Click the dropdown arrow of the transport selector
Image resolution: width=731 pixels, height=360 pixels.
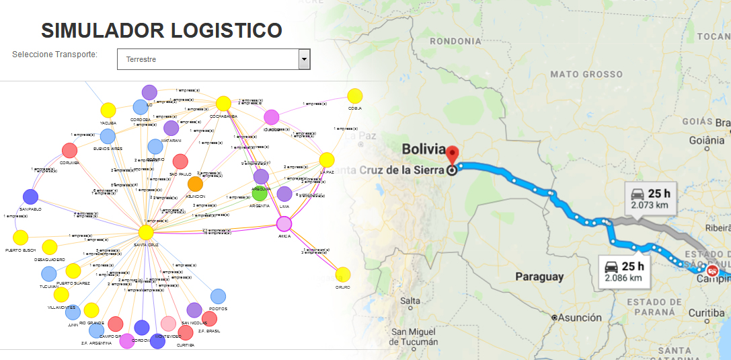coord(305,59)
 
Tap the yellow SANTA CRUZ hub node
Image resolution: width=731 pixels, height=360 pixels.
coord(146,232)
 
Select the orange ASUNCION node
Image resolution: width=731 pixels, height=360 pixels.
coord(195,183)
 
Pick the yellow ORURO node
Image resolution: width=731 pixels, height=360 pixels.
coord(343,275)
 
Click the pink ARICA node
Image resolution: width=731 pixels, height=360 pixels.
coord(284,224)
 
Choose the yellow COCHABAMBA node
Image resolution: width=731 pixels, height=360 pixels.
coord(223,103)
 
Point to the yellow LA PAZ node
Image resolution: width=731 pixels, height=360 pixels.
coord(327,159)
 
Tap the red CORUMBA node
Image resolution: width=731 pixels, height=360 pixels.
coord(69,150)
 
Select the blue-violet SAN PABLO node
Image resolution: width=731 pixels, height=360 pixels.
coord(30,196)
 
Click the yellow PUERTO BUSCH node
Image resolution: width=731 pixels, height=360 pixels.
coord(21,237)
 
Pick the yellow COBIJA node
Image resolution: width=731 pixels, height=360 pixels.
coord(355,96)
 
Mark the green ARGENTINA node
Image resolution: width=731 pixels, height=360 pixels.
coord(260,194)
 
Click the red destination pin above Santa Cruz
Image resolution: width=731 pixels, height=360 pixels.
coord(452,154)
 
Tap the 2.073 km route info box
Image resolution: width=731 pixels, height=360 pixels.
coord(650,196)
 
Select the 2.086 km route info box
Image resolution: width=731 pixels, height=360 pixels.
coord(624,270)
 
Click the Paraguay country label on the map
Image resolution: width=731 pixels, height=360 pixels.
coord(539,277)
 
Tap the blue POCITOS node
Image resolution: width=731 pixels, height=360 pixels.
coord(218,296)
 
